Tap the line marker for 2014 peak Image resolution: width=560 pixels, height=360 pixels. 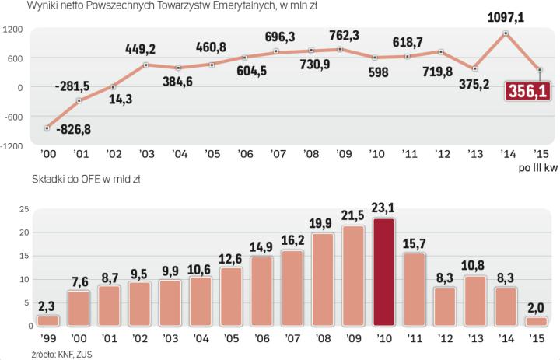[506, 33]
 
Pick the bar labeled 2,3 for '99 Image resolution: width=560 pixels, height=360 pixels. [47, 320]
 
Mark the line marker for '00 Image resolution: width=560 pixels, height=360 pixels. [47, 128]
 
